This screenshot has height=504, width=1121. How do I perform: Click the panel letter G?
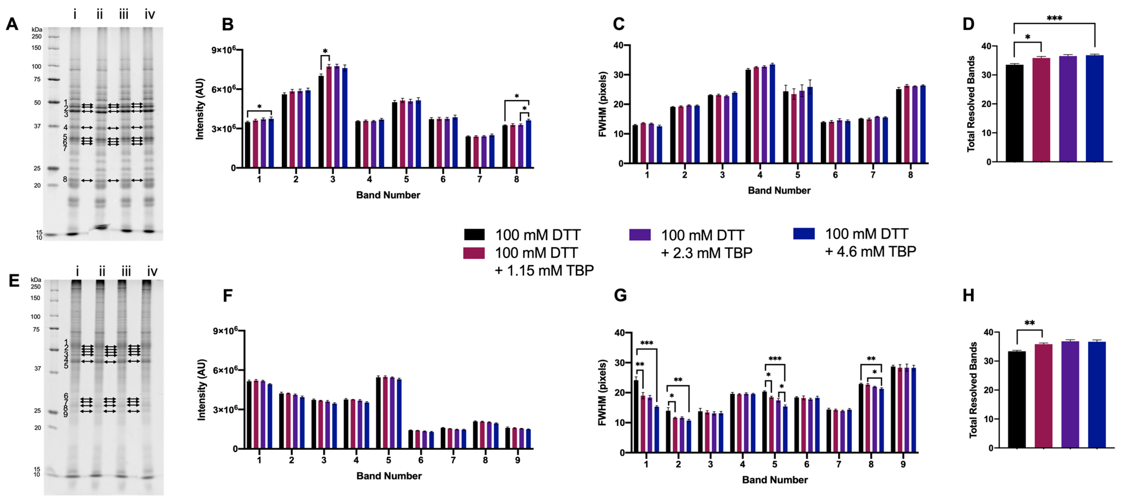(620, 296)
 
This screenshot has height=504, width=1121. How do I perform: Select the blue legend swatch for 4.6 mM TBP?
(804, 234)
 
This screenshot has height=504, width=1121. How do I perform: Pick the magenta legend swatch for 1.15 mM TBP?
(474, 253)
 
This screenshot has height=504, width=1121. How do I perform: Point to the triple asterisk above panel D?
(1054, 18)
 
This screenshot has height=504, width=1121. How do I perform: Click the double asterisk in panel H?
(1030, 323)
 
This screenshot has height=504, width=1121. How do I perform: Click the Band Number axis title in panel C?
(779, 191)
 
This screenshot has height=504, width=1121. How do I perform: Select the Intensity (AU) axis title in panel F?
(201, 390)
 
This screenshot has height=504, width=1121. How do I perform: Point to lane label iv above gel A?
(150, 15)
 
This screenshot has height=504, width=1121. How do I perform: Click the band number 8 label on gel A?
(65, 179)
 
